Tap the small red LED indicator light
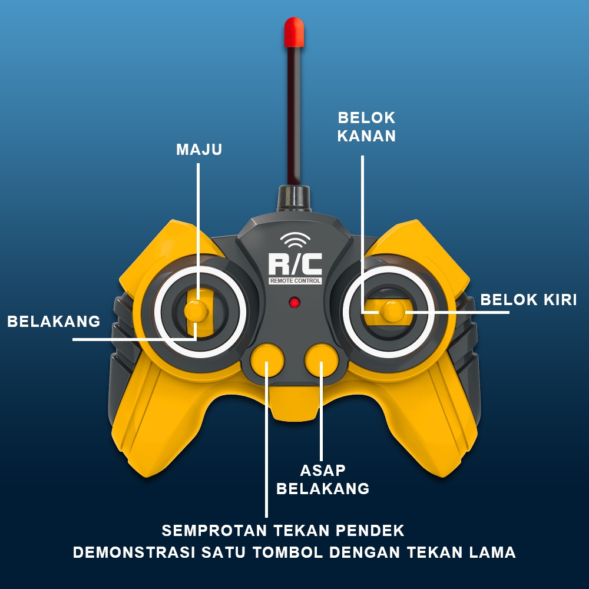[x=294, y=303]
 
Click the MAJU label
[x=199, y=150]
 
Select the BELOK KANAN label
[x=366, y=127]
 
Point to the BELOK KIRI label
[x=528, y=299]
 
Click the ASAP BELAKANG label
[x=323, y=479]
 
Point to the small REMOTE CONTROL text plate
[x=295, y=281]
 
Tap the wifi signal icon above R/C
[x=295, y=240]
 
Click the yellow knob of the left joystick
[x=196, y=310]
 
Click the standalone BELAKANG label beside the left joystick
[x=54, y=322]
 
